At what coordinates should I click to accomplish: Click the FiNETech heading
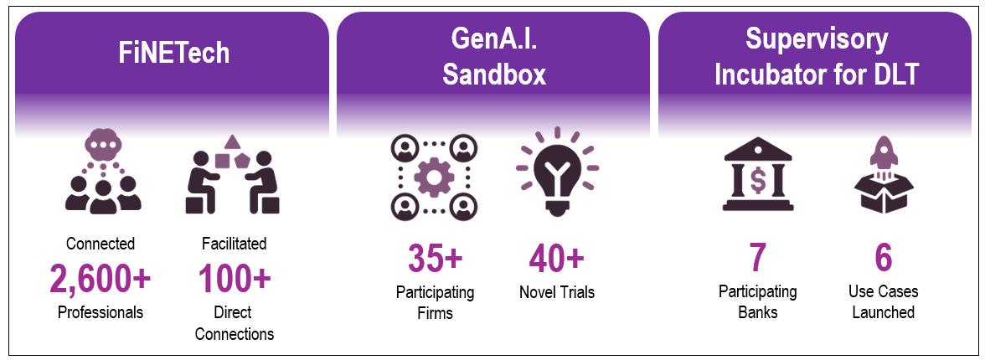173,54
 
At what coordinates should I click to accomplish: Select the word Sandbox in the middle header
494,75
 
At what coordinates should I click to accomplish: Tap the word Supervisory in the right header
817,39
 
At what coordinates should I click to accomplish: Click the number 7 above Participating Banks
758,259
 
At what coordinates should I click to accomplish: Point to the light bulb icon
556,172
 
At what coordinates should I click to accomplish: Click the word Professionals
101,312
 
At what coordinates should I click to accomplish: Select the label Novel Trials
556,292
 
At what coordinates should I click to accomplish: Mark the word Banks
758,312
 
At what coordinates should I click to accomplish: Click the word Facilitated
235,244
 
